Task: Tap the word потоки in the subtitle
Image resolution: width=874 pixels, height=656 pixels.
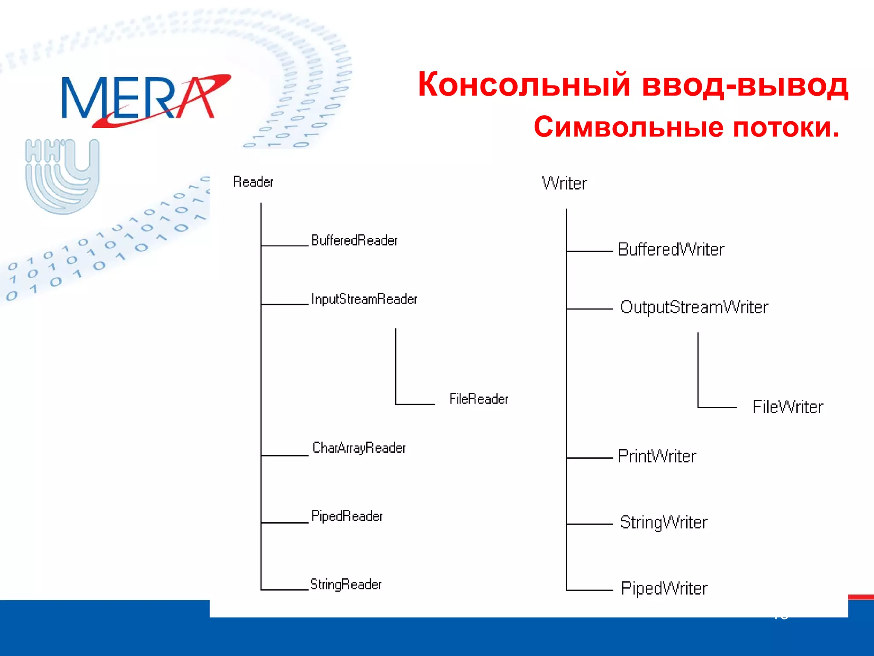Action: (x=786, y=127)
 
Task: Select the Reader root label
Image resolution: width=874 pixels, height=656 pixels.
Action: (x=253, y=182)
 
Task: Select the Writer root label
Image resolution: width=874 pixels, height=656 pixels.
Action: (x=564, y=184)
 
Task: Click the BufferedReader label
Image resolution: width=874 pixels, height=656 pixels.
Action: (x=354, y=240)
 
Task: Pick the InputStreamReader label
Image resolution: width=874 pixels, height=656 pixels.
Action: (x=364, y=299)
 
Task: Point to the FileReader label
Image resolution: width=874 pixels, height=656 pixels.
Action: (x=478, y=399)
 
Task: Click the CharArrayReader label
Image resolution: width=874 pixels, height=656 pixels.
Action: (x=359, y=448)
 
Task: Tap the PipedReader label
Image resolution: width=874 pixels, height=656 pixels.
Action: (x=347, y=516)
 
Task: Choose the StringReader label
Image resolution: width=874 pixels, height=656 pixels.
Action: (x=346, y=584)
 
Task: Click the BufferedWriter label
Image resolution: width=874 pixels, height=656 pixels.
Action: (x=671, y=250)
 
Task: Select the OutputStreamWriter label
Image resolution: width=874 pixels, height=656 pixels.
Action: (x=694, y=307)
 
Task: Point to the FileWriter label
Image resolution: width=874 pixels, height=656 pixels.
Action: (x=787, y=407)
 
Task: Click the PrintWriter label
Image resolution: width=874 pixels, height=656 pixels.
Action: (x=657, y=457)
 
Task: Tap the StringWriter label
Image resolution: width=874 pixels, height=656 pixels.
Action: (x=664, y=523)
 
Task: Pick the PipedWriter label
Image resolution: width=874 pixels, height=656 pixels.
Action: (x=664, y=589)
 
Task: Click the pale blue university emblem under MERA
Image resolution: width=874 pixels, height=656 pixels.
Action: (x=62, y=176)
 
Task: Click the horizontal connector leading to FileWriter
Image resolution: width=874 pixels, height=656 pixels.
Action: (x=717, y=407)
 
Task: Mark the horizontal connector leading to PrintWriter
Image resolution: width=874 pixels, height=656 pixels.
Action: (x=590, y=458)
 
